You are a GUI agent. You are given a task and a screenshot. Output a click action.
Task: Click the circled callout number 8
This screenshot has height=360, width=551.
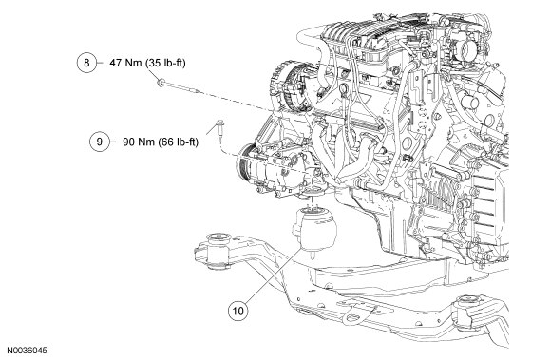[x=86, y=63]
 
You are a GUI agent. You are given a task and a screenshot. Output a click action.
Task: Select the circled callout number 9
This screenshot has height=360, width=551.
[x=100, y=142]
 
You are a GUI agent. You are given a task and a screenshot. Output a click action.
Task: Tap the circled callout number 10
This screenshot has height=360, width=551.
[x=237, y=311]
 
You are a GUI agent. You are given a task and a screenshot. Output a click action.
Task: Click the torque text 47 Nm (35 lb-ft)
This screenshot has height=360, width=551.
[x=147, y=63]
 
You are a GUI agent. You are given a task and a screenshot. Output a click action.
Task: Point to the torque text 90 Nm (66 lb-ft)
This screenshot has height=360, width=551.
[x=161, y=142]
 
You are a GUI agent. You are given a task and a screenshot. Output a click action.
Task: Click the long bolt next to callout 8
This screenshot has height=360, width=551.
[x=179, y=86]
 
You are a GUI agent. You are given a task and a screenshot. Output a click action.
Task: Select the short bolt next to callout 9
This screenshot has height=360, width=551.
[x=218, y=131]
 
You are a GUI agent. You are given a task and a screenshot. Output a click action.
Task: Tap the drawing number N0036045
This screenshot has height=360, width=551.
[x=27, y=351]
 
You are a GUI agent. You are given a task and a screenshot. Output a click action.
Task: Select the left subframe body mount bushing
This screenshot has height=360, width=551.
[x=217, y=251]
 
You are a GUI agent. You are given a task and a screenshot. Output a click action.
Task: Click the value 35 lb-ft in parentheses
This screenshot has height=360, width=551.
[x=166, y=63]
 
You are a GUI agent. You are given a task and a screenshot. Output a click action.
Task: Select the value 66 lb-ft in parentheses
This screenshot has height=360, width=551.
[x=179, y=142]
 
